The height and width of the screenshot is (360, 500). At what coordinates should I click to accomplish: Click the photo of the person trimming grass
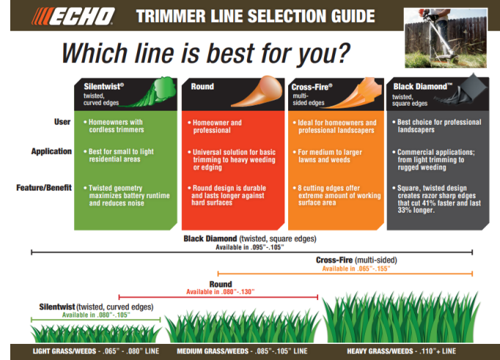pos(448,32)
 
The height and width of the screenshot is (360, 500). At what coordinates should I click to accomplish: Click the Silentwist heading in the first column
pos(103,86)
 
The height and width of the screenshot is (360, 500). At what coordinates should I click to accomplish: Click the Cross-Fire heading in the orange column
pos(312,87)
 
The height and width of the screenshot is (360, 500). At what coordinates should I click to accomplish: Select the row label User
pos(62,122)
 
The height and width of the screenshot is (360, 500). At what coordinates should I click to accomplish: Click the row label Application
pos(51,152)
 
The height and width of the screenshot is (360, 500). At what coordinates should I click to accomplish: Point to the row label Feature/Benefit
pos(44,188)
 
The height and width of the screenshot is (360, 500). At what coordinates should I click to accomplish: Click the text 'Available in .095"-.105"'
pos(250,247)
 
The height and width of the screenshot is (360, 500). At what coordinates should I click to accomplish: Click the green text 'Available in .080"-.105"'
pos(95,315)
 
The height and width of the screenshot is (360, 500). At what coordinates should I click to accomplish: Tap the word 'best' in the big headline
pos(232,54)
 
